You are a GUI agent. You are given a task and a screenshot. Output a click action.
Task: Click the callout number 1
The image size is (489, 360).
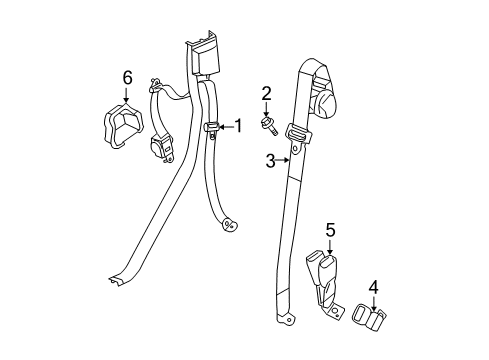click(238, 125)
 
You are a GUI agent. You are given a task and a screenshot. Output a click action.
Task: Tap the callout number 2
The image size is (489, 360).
click(267, 94)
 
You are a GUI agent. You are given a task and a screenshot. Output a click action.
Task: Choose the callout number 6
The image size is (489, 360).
click(127, 78)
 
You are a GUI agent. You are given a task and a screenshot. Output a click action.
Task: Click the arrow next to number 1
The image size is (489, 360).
click(225, 126)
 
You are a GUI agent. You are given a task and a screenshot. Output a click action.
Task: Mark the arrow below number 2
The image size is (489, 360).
click(267, 110)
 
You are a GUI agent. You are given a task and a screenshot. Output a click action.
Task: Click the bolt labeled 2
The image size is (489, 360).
click(269, 125)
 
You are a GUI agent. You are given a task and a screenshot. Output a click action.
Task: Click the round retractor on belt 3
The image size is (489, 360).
click(327, 102)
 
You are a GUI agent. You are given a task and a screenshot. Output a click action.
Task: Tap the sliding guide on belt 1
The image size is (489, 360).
click(212, 127)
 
